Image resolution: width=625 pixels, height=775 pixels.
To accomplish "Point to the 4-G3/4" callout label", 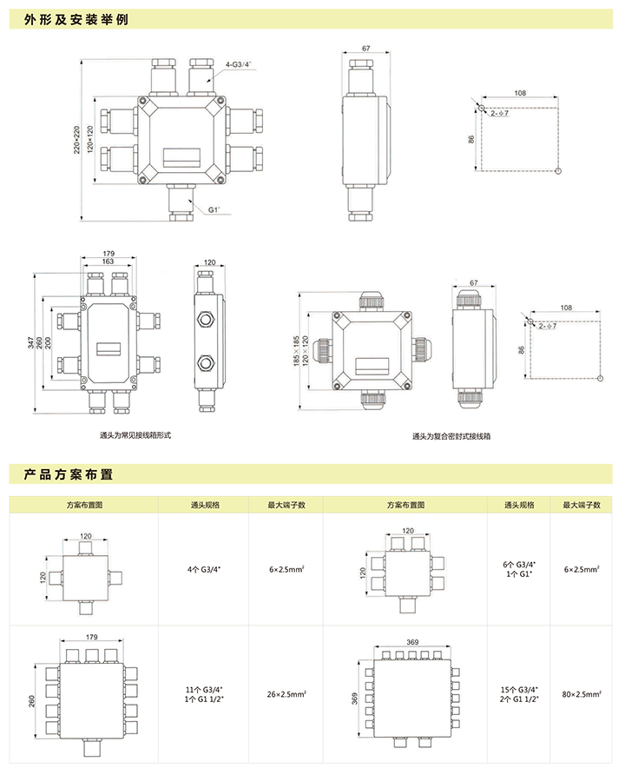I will point(240,64).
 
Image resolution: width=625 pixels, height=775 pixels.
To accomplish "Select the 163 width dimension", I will point(109,262).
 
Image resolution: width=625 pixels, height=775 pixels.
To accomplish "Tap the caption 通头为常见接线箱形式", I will point(136,434).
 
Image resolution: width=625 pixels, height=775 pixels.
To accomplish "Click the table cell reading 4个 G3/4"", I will point(204,570).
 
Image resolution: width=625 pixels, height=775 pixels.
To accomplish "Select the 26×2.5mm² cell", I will point(286,695).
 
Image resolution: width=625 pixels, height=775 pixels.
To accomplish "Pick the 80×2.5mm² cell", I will point(581,695).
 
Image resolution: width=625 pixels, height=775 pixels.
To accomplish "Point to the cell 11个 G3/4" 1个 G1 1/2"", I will point(204,695).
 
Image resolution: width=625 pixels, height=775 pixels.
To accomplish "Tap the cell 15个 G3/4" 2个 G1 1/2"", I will point(520,695).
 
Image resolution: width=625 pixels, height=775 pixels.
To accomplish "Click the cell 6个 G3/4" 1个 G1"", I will point(520,570).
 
